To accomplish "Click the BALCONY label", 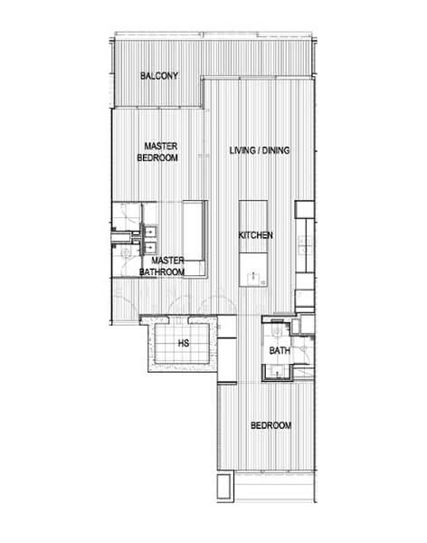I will coord(159,75).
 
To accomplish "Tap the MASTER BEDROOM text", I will coord(157,150).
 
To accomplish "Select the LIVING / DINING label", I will coord(260,150).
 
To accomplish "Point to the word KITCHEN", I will coord(255,235).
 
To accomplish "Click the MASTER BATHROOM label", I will coord(163,266).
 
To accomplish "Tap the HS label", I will coord(184,344).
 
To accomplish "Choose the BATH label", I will coord(279,350).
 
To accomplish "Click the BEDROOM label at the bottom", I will coord(271,425).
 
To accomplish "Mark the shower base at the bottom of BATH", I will coord(277,372).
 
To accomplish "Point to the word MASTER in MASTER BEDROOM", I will coord(157,145).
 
